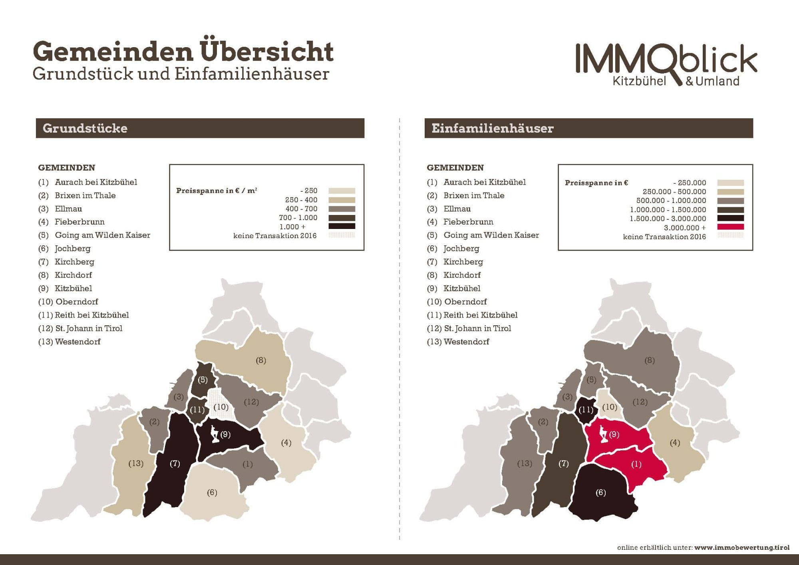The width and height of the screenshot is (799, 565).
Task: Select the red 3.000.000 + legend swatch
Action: [x=730, y=227]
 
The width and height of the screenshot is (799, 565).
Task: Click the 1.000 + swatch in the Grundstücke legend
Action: [x=342, y=226]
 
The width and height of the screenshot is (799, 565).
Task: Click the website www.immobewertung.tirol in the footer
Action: [x=741, y=547]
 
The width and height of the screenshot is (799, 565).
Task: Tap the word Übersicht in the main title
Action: [x=266, y=52]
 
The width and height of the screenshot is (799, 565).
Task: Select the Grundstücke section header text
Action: [x=85, y=128]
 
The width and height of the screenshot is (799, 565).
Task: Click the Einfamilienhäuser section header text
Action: [x=492, y=128]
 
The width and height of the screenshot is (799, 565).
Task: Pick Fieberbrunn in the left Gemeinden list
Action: [x=80, y=222]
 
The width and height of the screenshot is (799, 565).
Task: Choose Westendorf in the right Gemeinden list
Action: [x=466, y=342]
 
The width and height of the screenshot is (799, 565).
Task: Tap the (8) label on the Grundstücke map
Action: [x=261, y=360]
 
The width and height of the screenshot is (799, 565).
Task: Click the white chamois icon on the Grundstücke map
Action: [x=215, y=435]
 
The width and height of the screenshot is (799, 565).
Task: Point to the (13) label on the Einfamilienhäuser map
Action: [x=525, y=464]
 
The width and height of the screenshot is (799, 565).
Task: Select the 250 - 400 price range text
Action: [x=301, y=200]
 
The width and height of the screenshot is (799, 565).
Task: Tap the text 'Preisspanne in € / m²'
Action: [x=217, y=191]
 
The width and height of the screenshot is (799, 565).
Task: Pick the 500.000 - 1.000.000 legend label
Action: [x=671, y=201]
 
